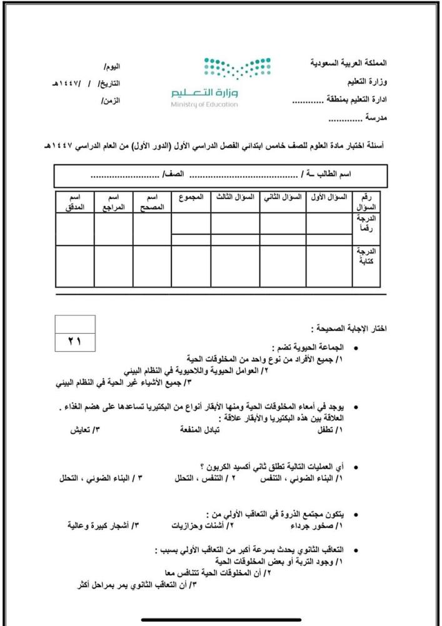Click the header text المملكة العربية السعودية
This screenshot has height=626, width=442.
click(x=348, y=64)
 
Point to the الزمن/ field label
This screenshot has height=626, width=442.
click(x=111, y=101)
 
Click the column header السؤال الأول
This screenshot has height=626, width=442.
click(x=328, y=197)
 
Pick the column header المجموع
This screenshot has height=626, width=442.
click(x=191, y=197)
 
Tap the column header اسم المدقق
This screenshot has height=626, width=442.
click(x=76, y=202)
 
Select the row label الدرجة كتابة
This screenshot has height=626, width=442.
click(x=367, y=257)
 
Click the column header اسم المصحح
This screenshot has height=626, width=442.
click(x=152, y=202)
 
